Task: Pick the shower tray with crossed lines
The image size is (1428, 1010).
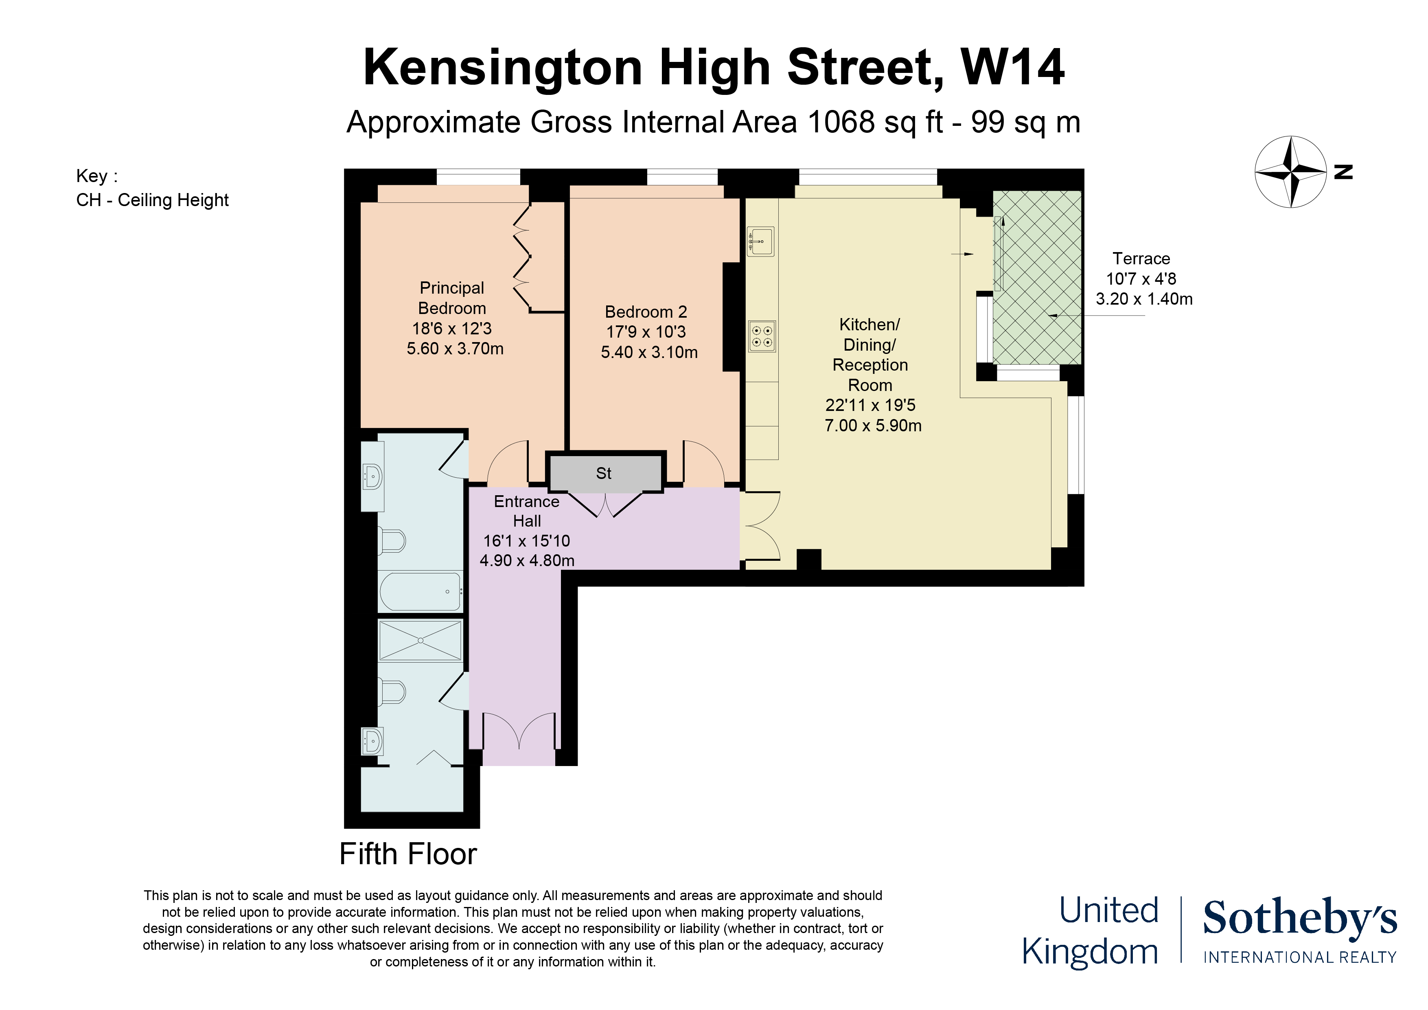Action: (x=421, y=640)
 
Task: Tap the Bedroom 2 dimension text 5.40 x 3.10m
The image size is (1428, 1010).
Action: (x=649, y=352)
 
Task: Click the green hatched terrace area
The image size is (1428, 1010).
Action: (x=1037, y=277)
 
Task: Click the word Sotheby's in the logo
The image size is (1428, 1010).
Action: (x=1299, y=918)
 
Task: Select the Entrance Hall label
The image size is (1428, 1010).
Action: (x=526, y=511)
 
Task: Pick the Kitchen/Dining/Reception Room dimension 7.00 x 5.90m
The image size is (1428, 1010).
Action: (x=873, y=426)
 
